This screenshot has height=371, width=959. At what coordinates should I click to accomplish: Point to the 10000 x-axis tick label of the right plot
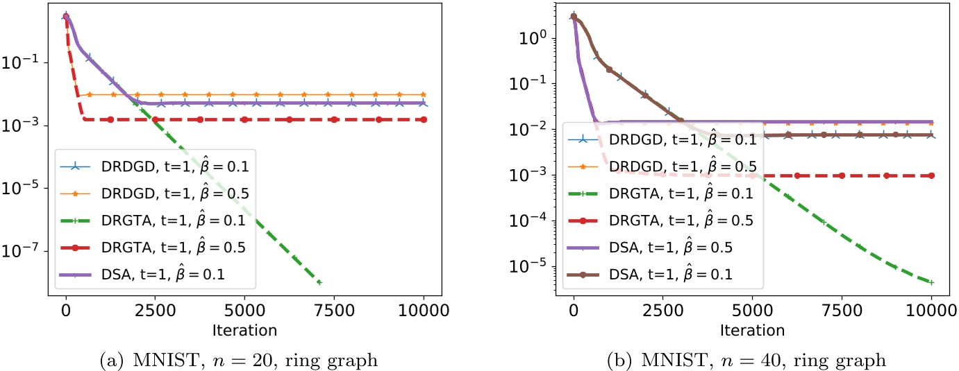[x=931, y=309]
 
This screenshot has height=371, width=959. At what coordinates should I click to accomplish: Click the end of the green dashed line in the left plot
[x=319, y=282]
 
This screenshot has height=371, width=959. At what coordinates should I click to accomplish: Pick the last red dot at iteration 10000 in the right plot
[x=931, y=175]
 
